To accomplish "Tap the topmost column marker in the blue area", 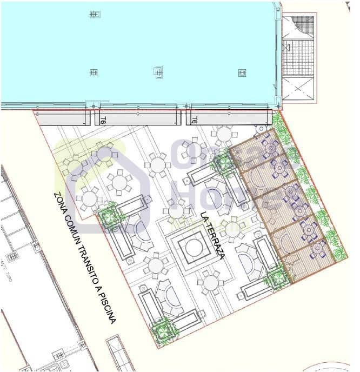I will click(94, 15).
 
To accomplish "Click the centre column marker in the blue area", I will click(158, 71).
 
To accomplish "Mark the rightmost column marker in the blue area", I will click(242, 73).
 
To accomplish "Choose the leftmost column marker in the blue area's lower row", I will click(94, 72).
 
